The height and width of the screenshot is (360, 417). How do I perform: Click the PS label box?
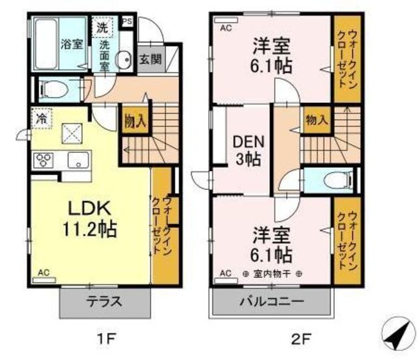[x=127, y=21]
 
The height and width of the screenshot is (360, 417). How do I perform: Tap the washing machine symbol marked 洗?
[x=102, y=27]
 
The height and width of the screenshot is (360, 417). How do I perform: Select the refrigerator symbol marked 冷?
[x=42, y=118]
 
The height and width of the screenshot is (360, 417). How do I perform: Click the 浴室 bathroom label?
[x=72, y=44]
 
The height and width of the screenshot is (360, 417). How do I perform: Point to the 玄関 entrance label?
[x=151, y=59]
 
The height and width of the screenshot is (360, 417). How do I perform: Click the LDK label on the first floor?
[x=90, y=208]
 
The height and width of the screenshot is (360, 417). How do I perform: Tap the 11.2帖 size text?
[x=90, y=229]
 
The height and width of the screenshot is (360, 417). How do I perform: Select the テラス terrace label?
[x=104, y=301]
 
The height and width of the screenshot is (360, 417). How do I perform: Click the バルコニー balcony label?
[x=272, y=301]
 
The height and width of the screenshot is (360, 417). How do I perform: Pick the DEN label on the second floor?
[x=248, y=142]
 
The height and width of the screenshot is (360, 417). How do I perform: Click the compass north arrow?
[x=398, y=334]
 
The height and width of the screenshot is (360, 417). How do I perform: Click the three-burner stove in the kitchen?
[x=44, y=160]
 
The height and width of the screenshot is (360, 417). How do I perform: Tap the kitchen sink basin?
[x=78, y=160]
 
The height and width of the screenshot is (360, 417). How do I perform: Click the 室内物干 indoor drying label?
[x=272, y=274]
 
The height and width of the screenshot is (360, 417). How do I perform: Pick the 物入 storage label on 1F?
[x=135, y=121]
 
